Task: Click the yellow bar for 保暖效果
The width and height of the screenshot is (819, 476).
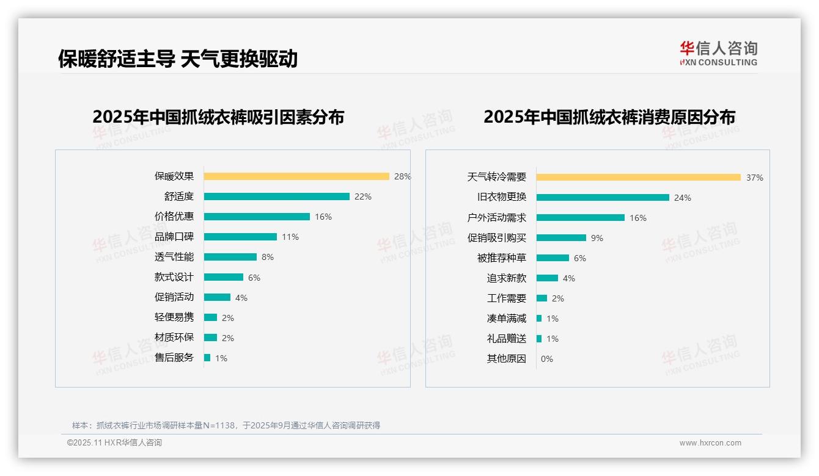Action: [x=296, y=176]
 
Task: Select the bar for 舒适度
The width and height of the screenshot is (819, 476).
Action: [x=276, y=197]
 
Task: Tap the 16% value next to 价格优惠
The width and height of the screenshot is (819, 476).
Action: [x=323, y=217]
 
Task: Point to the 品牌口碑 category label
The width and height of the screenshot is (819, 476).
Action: [x=174, y=237]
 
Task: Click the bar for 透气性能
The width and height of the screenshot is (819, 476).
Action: [x=230, y=257]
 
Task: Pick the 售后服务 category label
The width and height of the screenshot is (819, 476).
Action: [x=174, y=358]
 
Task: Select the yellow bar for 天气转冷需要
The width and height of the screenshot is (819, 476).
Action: [x=639, y=178]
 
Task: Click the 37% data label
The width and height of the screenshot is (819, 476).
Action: [x=754, y=178]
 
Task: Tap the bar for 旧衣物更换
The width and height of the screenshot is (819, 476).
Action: [x=603, y=198]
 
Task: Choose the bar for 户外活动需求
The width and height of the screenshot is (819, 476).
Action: [x=581, y=218]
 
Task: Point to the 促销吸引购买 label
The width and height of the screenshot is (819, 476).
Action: [x=496, y=238]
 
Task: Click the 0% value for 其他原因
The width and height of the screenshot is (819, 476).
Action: [x=546, y=359]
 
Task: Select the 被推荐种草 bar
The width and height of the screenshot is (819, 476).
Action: [x=553, y=258]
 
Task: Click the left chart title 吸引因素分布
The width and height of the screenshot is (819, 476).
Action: [x=218, y=117]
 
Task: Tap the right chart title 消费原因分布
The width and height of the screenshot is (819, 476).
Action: [x=609, y=117]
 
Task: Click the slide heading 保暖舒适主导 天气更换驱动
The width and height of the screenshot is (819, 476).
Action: [x=178, y=59]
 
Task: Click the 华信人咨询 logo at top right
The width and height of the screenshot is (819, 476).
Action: [x=718, y=53]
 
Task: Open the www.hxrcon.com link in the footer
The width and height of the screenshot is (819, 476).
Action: [x=710, y=443]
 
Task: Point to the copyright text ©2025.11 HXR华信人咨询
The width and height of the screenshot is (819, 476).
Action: [x=114, y=442]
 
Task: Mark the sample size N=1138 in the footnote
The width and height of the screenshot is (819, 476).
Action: [x=218, y=425]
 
